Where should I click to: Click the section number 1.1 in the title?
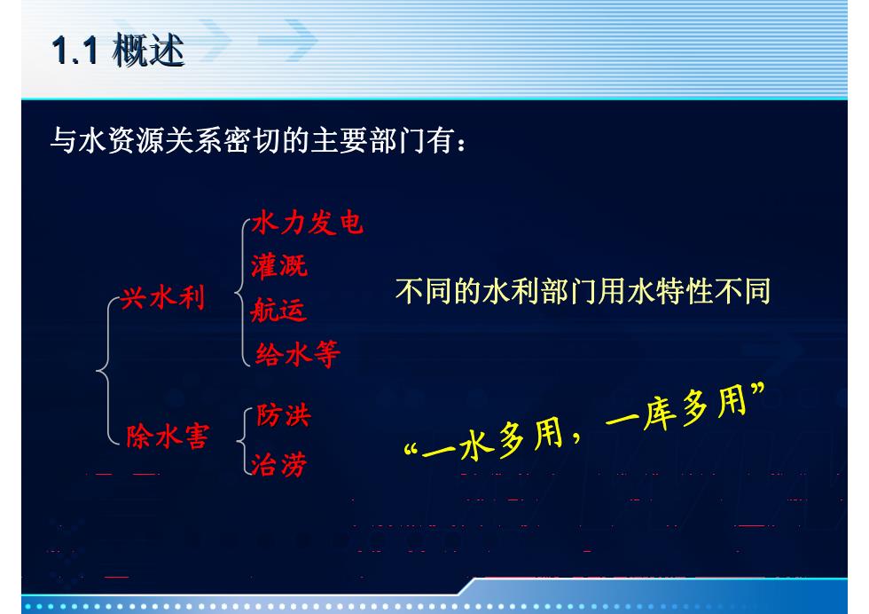[x=74, y=50]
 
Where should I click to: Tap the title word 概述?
[x=148, y=50]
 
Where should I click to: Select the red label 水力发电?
[x=308, y=223]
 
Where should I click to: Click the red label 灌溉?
[x=278, y=266]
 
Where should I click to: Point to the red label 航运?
[x=278, y=310]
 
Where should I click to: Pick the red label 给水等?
[x=298, y=354]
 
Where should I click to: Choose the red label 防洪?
[x=283, y=415]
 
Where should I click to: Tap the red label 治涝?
[x=278, y=464]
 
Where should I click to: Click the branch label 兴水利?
[x=163, y=298]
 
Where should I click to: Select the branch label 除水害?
[x=168, y=436]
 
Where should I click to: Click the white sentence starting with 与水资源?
[x=258, y=140]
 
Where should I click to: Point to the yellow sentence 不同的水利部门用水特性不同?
[x=583, y=291]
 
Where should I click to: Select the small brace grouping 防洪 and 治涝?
[x=240, y=442]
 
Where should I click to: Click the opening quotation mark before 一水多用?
[x=411, y=449]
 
